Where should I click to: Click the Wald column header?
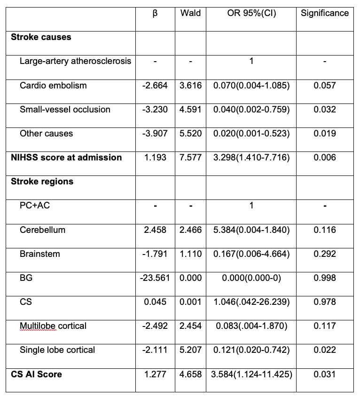[x=190, y=13]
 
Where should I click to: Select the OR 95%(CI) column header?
[x=251, y=13]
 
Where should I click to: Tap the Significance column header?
[x=325, y=13]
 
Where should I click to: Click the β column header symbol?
[x=155, y=14]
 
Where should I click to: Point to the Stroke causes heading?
[x=41, y=37]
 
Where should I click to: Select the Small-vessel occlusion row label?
[x=65, y=110]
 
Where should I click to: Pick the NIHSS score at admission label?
[x=66, y=158]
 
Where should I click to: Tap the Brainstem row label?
[x=39, y=254]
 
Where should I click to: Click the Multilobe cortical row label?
[x=53, y=326]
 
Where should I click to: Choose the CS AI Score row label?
[x=36, y=374]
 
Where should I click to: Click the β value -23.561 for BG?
[x=155, y=278]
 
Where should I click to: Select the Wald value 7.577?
[x=190, y=158]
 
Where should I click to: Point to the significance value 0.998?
[x=325, y=278]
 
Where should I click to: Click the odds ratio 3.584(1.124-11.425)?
[x=251, y=374]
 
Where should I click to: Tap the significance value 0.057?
[x=325, y=86]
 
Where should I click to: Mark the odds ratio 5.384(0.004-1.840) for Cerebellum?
[x=251, y=230]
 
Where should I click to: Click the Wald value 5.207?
[x=190, y=350]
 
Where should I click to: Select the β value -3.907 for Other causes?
[x=155, y=134]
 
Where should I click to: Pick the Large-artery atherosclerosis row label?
[x=75, y=61]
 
